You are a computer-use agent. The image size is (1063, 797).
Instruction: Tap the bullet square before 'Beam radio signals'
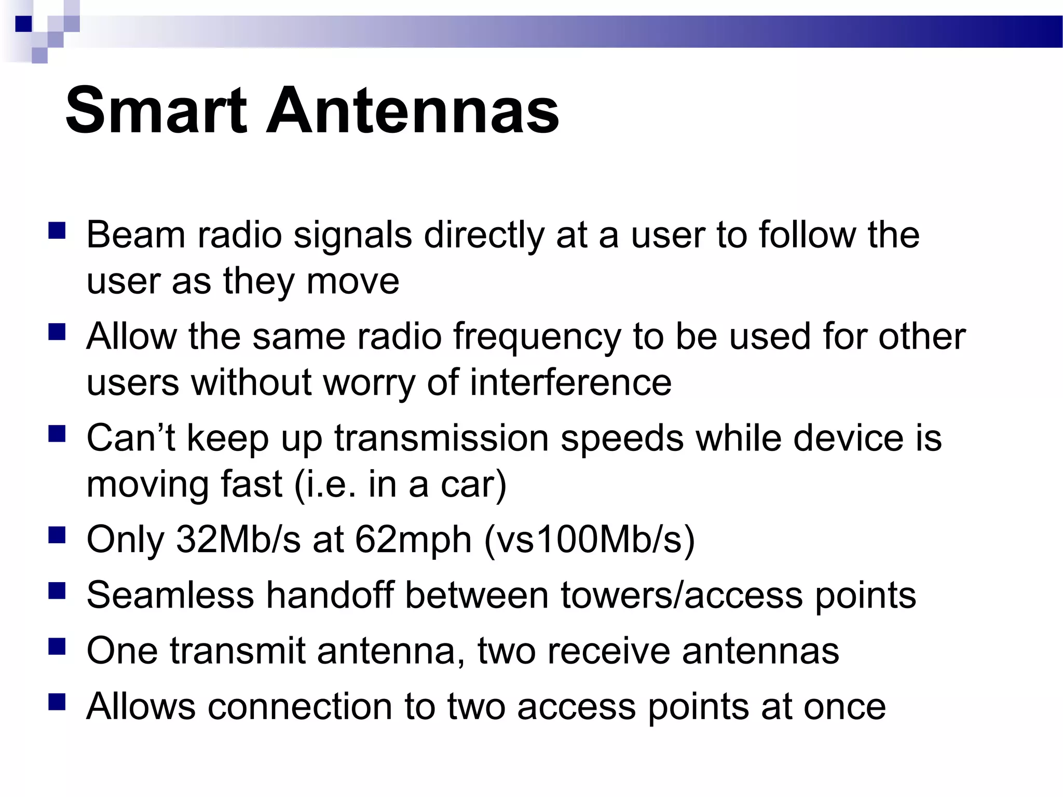57,230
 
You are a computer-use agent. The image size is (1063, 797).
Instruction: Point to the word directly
484,236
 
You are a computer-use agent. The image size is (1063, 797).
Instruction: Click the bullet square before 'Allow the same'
57,332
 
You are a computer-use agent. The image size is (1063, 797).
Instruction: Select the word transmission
441,438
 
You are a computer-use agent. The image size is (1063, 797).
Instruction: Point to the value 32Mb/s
238,540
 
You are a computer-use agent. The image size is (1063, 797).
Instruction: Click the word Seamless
170,595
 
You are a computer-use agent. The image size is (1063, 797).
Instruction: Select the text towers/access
682,595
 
